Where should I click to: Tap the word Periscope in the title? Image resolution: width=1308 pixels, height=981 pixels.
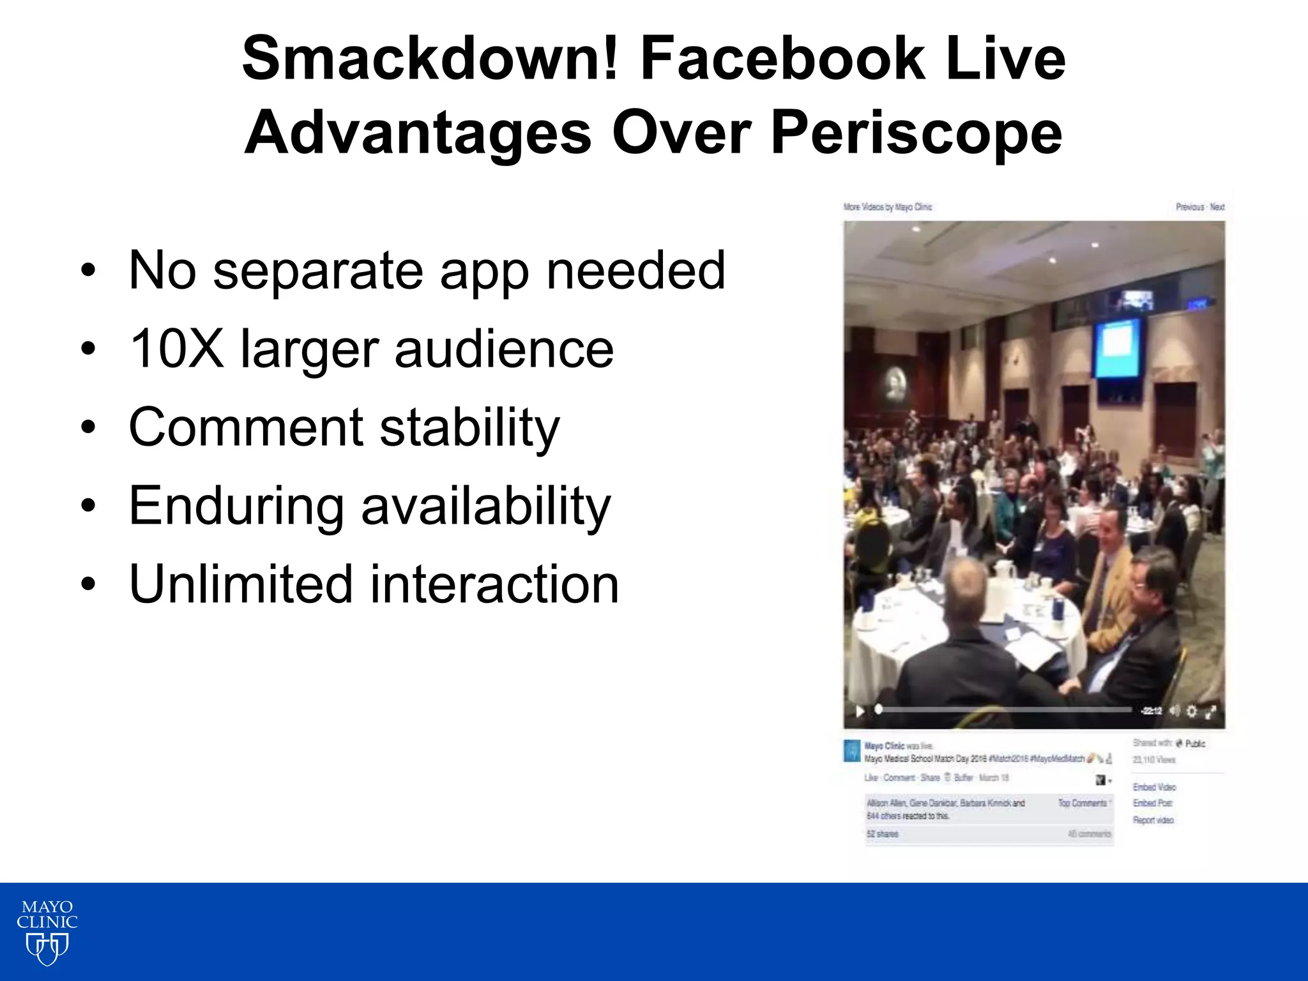pyautogui.click(x=916, y=133)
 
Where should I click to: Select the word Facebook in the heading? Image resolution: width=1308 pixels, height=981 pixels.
pyautogui.click(x=782, y=59)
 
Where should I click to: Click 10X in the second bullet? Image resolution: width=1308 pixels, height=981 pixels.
pyautogui.click(x=176, y=349)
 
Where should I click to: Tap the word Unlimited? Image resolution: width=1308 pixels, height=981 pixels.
pyautogui.click(x=241, y=584)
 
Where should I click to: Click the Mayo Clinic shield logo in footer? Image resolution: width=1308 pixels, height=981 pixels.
pyautogui.click(x=47, y=948)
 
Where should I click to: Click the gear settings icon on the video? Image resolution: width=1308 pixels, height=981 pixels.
pyautogui.click(x=1192, y=711)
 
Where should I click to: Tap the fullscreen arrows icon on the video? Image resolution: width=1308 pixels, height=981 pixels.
pyautogui.click(x=1210, y=711)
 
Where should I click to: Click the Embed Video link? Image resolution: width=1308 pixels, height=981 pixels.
pyautogui.click(x=1154, y=787)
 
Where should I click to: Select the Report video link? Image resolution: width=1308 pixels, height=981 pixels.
pyautogui.click(x=1153, y=820)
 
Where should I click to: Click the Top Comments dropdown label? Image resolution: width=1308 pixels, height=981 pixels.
pyautogui.click(x=1083, y=803)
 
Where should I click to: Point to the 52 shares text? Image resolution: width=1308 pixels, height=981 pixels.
pyautogui.click(x=882, y=834)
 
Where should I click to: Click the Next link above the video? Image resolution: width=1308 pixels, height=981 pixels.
pyautogui.click(x=1217, y=207)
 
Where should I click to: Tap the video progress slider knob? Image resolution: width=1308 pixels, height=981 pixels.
pyautogui.click(x=879, y=710)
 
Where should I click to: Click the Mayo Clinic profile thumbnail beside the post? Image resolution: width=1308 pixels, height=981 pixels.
pyautogui.click(x=851, y=751)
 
